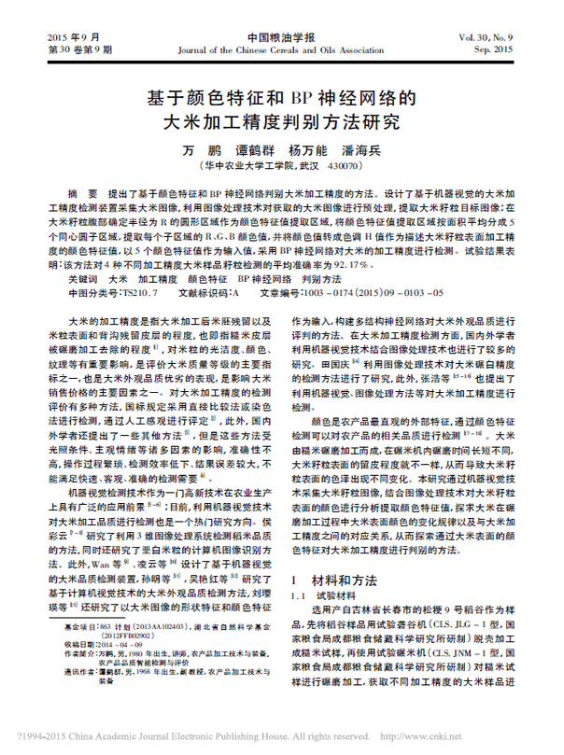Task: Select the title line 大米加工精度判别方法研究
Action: [x=280, y=120]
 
